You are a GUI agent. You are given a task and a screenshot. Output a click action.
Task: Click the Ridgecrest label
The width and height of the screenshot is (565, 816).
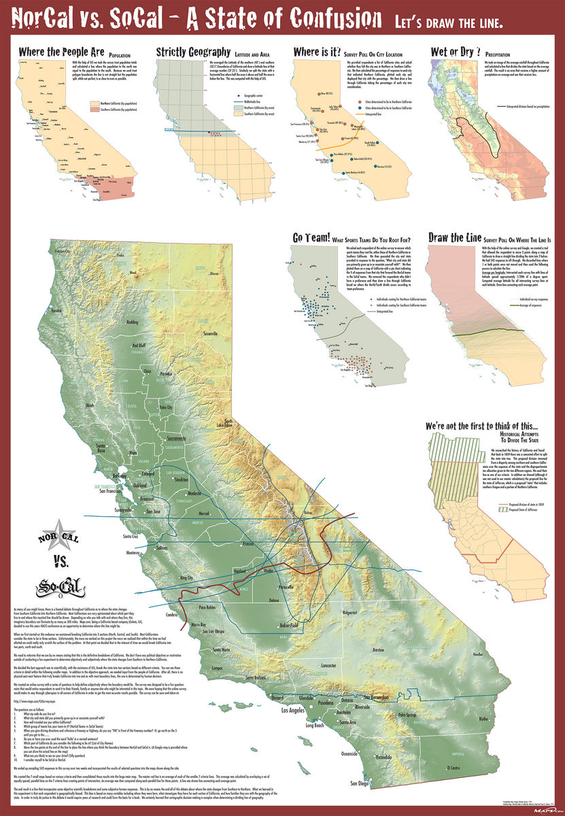tap(349, 613)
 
